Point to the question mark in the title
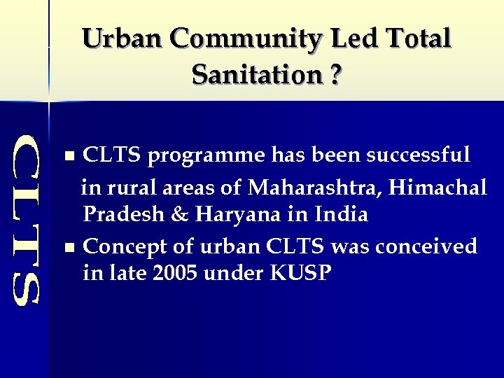[337, 74]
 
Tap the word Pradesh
[123, 214]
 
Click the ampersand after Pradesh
[180, 214]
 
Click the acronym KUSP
[298, 273]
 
